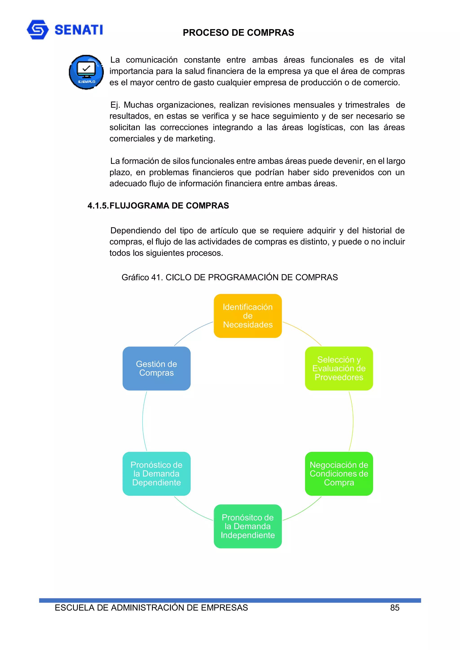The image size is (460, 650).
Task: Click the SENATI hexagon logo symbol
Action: click(38, 29)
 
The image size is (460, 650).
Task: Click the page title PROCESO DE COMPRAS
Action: click(238, 33)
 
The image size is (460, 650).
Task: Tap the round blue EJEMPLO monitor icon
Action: click(86, 72)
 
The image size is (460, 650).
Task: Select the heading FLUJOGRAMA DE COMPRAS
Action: click(169, 206)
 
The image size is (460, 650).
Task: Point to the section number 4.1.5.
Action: click(98, 206)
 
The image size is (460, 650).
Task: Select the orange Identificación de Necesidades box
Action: click(248, 316)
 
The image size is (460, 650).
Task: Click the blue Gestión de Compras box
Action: click(157, 368)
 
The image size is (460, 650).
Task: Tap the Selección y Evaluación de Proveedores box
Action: click(339, 368)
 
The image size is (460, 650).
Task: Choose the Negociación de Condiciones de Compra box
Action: click(339, 474)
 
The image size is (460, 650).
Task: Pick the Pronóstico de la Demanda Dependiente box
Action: click(157, 474)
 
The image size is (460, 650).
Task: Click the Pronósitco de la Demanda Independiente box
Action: click(248, 526)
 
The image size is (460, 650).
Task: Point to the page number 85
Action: click(395, 608)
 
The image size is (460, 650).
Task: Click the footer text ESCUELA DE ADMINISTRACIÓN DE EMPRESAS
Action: click(151, 608)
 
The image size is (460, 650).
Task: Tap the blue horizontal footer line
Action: click(230, 600)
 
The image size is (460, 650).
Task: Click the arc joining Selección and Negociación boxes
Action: click(353, 421)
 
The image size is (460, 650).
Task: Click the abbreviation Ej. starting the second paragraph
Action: click(115, 105)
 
